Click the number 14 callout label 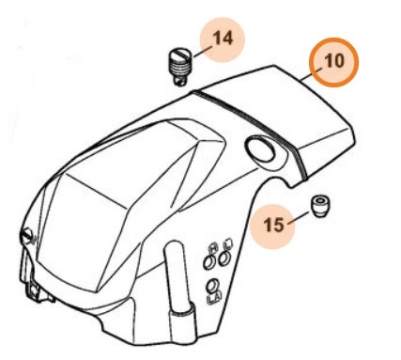click(223, 39)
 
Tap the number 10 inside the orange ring click(334, 61)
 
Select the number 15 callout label click(273, 225)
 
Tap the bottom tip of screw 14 click(179, 83)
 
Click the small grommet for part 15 click(319, 206)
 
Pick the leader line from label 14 click(203, 51)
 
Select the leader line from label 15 click(298, 218)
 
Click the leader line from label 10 click(311, 74)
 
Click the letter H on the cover click(213, 249)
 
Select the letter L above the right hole click(227, 243)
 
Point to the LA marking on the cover click(214, 299)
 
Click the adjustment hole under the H click(208, 261)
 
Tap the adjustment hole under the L click(224, 259)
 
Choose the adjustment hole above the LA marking click(212, 286)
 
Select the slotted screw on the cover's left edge click(27, 236)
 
